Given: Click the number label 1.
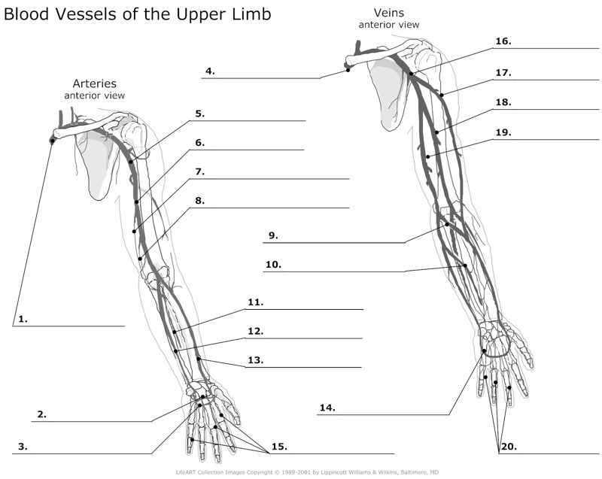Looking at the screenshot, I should pyautogui.click(x=23, y=318).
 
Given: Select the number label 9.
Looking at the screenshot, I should pyautogui.click(x=272, y=235).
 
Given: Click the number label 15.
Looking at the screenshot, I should pyautogui.click(x=278, y=446).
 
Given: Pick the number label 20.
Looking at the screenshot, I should pyautogui.click(x=508, y=446).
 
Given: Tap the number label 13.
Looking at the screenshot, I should pyautogui.click(x=255, y=360).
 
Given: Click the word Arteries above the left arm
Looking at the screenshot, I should pyautogui.click(x=94, y=83).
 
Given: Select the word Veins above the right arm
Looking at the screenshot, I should pyautogui.click(x=388, y=13).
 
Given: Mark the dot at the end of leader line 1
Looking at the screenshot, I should pyautogui.click(x=52, y=141).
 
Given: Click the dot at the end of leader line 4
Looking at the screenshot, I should pyautogui.click(x=348, y=69).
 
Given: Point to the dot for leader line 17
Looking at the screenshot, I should pyautogui.click(x=442, y=95).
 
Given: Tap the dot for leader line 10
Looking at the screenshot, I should pyautogui.click(x=465, y=265).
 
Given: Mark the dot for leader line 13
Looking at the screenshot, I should pyautogui.click(x=199, y=359).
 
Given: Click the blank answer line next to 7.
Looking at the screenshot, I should pyautogui.click(x=278, y=178).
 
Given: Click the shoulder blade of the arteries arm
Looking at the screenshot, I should pyautogui.click(x=98, y=165).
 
